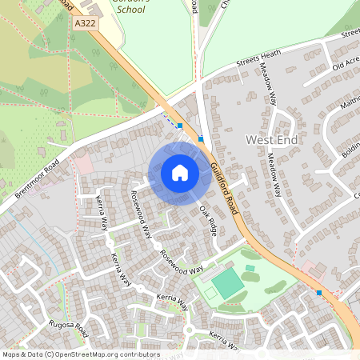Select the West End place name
tap(266, 139)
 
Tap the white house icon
tap(180, 173)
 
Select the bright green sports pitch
tap(228, 282)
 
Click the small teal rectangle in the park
tap(250, 268)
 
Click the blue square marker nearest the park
tap(319, 293)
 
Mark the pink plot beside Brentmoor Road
tap(82, 165)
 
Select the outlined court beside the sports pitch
tap(210, 293)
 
